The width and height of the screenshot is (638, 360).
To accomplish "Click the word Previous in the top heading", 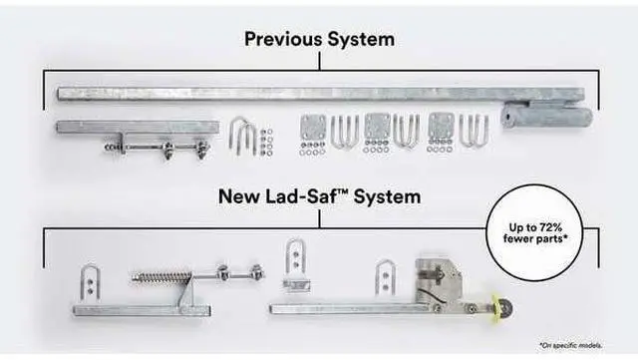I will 282,40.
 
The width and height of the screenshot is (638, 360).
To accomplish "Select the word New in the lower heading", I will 240,196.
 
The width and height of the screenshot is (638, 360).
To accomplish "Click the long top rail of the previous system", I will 299,94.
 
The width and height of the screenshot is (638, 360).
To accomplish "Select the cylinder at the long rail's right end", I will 547,116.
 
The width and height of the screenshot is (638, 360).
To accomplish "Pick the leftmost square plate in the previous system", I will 312,128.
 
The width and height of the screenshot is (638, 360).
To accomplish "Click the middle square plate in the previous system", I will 377,127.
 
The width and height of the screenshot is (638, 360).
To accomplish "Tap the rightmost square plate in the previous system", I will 440,127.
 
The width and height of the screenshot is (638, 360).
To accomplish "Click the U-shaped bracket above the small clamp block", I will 296,256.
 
